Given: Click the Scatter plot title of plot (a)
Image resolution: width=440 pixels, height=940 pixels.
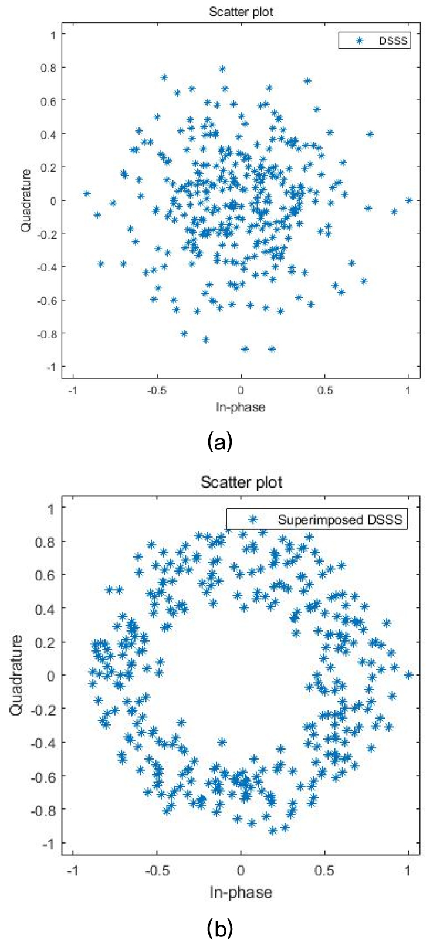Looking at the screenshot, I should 241,11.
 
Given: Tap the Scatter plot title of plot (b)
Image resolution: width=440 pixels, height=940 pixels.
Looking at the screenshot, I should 241,482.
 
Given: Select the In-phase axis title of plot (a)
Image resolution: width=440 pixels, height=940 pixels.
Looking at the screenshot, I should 241,407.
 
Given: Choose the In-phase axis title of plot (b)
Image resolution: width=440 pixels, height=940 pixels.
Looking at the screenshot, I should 241,892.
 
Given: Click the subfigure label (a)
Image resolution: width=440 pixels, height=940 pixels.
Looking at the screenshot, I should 221,441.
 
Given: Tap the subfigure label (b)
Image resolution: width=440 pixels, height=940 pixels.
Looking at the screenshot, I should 221,929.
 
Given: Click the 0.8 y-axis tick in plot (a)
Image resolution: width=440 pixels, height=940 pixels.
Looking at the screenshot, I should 48,68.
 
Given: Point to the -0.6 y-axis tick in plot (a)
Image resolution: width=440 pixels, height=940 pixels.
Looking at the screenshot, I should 47,300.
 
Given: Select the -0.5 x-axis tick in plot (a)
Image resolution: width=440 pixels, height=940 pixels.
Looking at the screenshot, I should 157,390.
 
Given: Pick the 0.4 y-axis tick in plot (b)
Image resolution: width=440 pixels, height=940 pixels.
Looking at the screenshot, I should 48,608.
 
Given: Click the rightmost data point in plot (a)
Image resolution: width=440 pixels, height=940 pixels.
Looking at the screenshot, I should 409,200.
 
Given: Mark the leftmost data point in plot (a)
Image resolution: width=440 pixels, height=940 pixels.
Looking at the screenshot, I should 87,193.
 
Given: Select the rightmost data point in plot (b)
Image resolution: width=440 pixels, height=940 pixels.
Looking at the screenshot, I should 409,674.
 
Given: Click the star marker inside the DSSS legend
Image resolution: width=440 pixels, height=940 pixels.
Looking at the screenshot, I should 360,41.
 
